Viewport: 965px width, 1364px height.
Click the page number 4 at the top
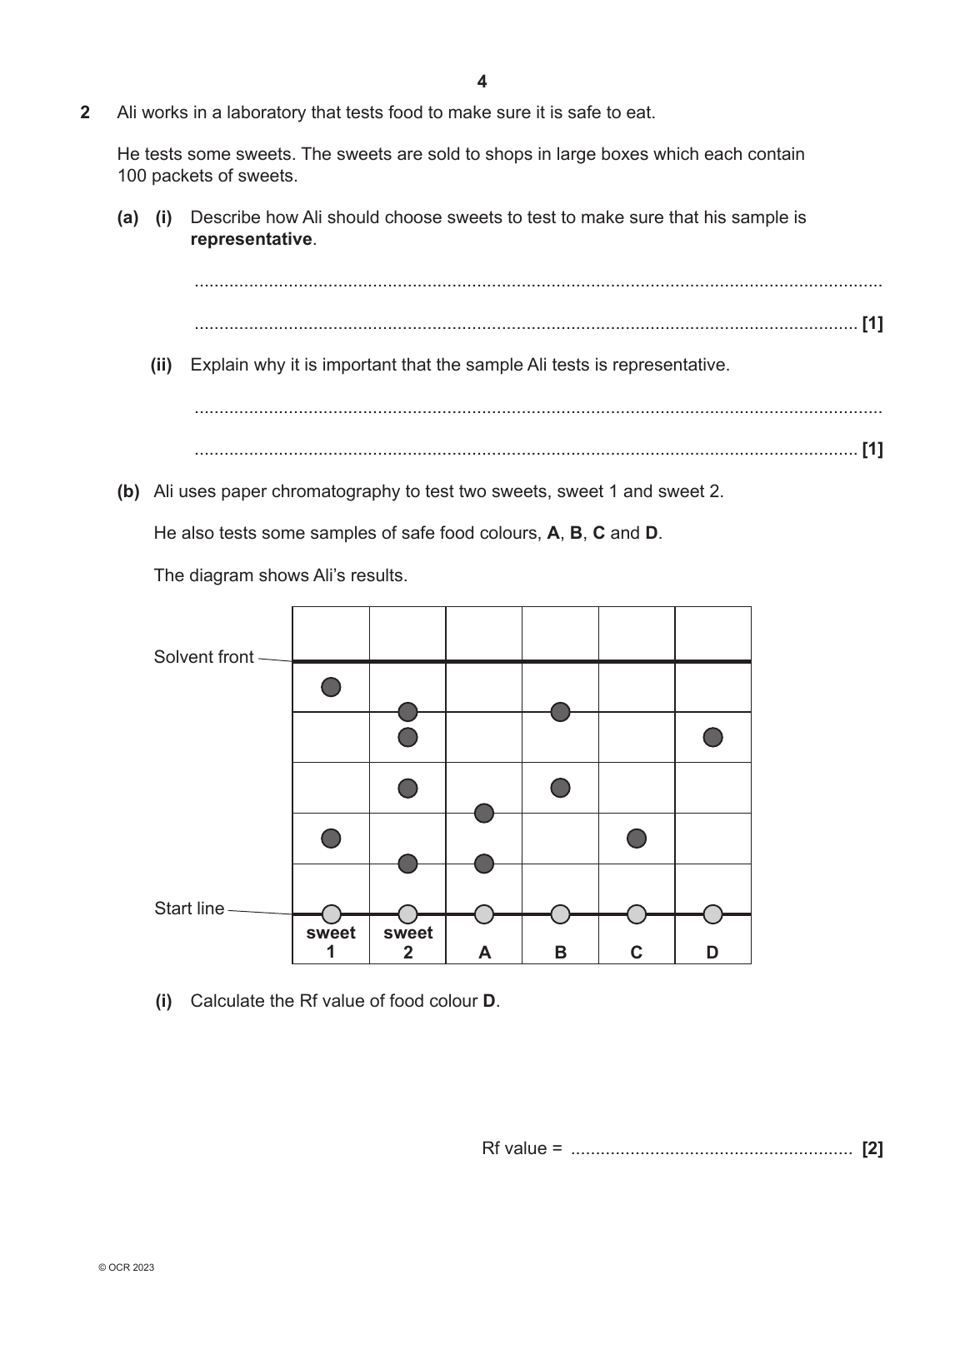coord(482,82)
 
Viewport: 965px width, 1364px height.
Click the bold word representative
coord(251,240)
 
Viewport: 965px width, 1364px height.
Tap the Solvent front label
coord(203,657)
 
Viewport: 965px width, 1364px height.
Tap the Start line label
coord(189,909)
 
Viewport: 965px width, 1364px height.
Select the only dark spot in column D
coord(712,737)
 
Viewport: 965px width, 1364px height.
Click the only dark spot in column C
coord(637,838)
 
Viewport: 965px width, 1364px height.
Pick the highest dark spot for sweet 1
coord(331,687)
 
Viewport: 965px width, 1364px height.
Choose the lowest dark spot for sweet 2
coord(407,864)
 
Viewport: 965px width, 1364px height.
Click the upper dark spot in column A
coord(484,813)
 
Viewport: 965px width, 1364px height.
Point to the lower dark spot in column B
coord(561,788)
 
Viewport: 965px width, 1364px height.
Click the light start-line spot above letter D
coord(712,914)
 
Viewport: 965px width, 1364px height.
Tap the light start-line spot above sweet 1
coord(331,914)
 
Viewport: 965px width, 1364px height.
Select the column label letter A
coord(484,953)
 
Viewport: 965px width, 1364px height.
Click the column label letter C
coord(637,953)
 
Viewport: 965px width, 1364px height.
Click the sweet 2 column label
coord(407,943)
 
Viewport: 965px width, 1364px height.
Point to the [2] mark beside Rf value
coord(872,1149)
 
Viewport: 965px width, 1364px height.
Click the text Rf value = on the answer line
coord(522,1149)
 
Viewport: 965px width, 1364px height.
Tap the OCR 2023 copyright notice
coord(126,1268)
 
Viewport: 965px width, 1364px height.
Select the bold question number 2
coord(85,112)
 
